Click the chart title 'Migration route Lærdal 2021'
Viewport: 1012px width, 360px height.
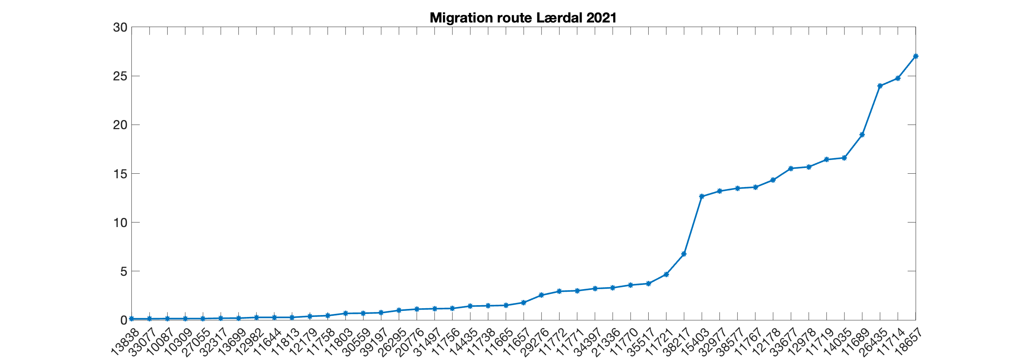[x=523, y=18]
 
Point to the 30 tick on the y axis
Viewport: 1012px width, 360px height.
[x=120, y=27]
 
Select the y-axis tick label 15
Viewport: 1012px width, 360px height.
[x=120, y=174]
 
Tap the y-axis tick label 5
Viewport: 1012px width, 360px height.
[x=123, y=271]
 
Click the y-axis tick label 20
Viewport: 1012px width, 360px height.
[x=120, y=125]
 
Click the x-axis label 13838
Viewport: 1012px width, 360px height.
[x=125, y=342]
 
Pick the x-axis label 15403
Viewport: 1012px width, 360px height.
[x=696, y=342]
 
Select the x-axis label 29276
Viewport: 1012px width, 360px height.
[x=536, y=342]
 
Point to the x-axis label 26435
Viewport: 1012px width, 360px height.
[x=874, y=342]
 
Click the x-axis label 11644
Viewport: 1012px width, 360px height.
[x=268, y=342]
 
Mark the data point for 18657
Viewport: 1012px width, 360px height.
[x=916, y=56]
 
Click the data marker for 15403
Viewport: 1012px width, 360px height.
[x=702, y=197]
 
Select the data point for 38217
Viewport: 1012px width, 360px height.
[x=684, y=254]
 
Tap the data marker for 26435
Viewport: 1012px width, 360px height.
[x=880, y=86]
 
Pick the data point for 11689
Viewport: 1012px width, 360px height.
[x=862, y=135]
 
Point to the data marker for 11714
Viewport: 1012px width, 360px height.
[x=898, y=78]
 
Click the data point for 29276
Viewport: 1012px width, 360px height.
[x=541, y=295]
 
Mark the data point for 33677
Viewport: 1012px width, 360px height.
[x=791, y=169]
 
